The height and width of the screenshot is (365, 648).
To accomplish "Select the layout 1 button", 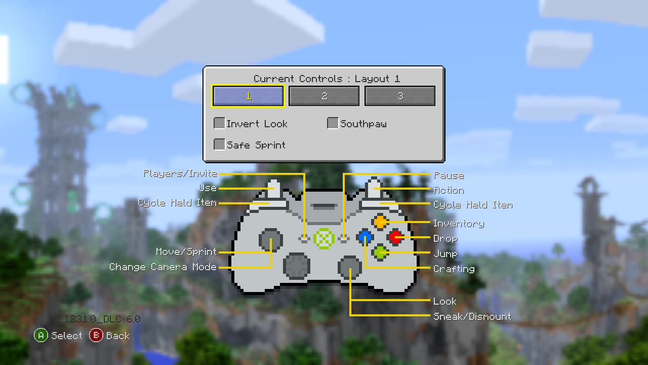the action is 248,96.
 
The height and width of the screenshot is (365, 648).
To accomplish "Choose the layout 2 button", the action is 324,96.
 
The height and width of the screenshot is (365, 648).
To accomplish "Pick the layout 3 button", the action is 400,96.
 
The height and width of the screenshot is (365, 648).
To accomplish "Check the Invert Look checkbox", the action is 219,123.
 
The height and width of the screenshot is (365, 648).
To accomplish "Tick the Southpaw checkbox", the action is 333,123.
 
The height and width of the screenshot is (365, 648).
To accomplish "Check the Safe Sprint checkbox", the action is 219,144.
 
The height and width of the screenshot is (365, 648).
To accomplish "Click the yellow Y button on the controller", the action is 380,222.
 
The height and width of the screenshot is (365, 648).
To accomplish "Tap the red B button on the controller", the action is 395,237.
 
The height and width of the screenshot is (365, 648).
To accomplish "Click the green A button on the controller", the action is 380,252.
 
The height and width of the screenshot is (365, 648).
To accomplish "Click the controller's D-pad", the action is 297,265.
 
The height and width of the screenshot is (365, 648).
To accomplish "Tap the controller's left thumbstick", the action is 271,239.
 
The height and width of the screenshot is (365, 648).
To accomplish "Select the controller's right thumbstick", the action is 350,267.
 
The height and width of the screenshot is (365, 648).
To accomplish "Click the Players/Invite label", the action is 180,173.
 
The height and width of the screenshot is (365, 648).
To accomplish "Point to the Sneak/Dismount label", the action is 472,316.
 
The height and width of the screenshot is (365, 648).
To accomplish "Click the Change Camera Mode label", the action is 163,267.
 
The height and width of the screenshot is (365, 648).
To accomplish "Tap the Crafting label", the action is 454,269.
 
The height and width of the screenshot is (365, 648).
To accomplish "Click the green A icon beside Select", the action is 41,335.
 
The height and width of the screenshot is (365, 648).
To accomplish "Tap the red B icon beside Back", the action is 96,335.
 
